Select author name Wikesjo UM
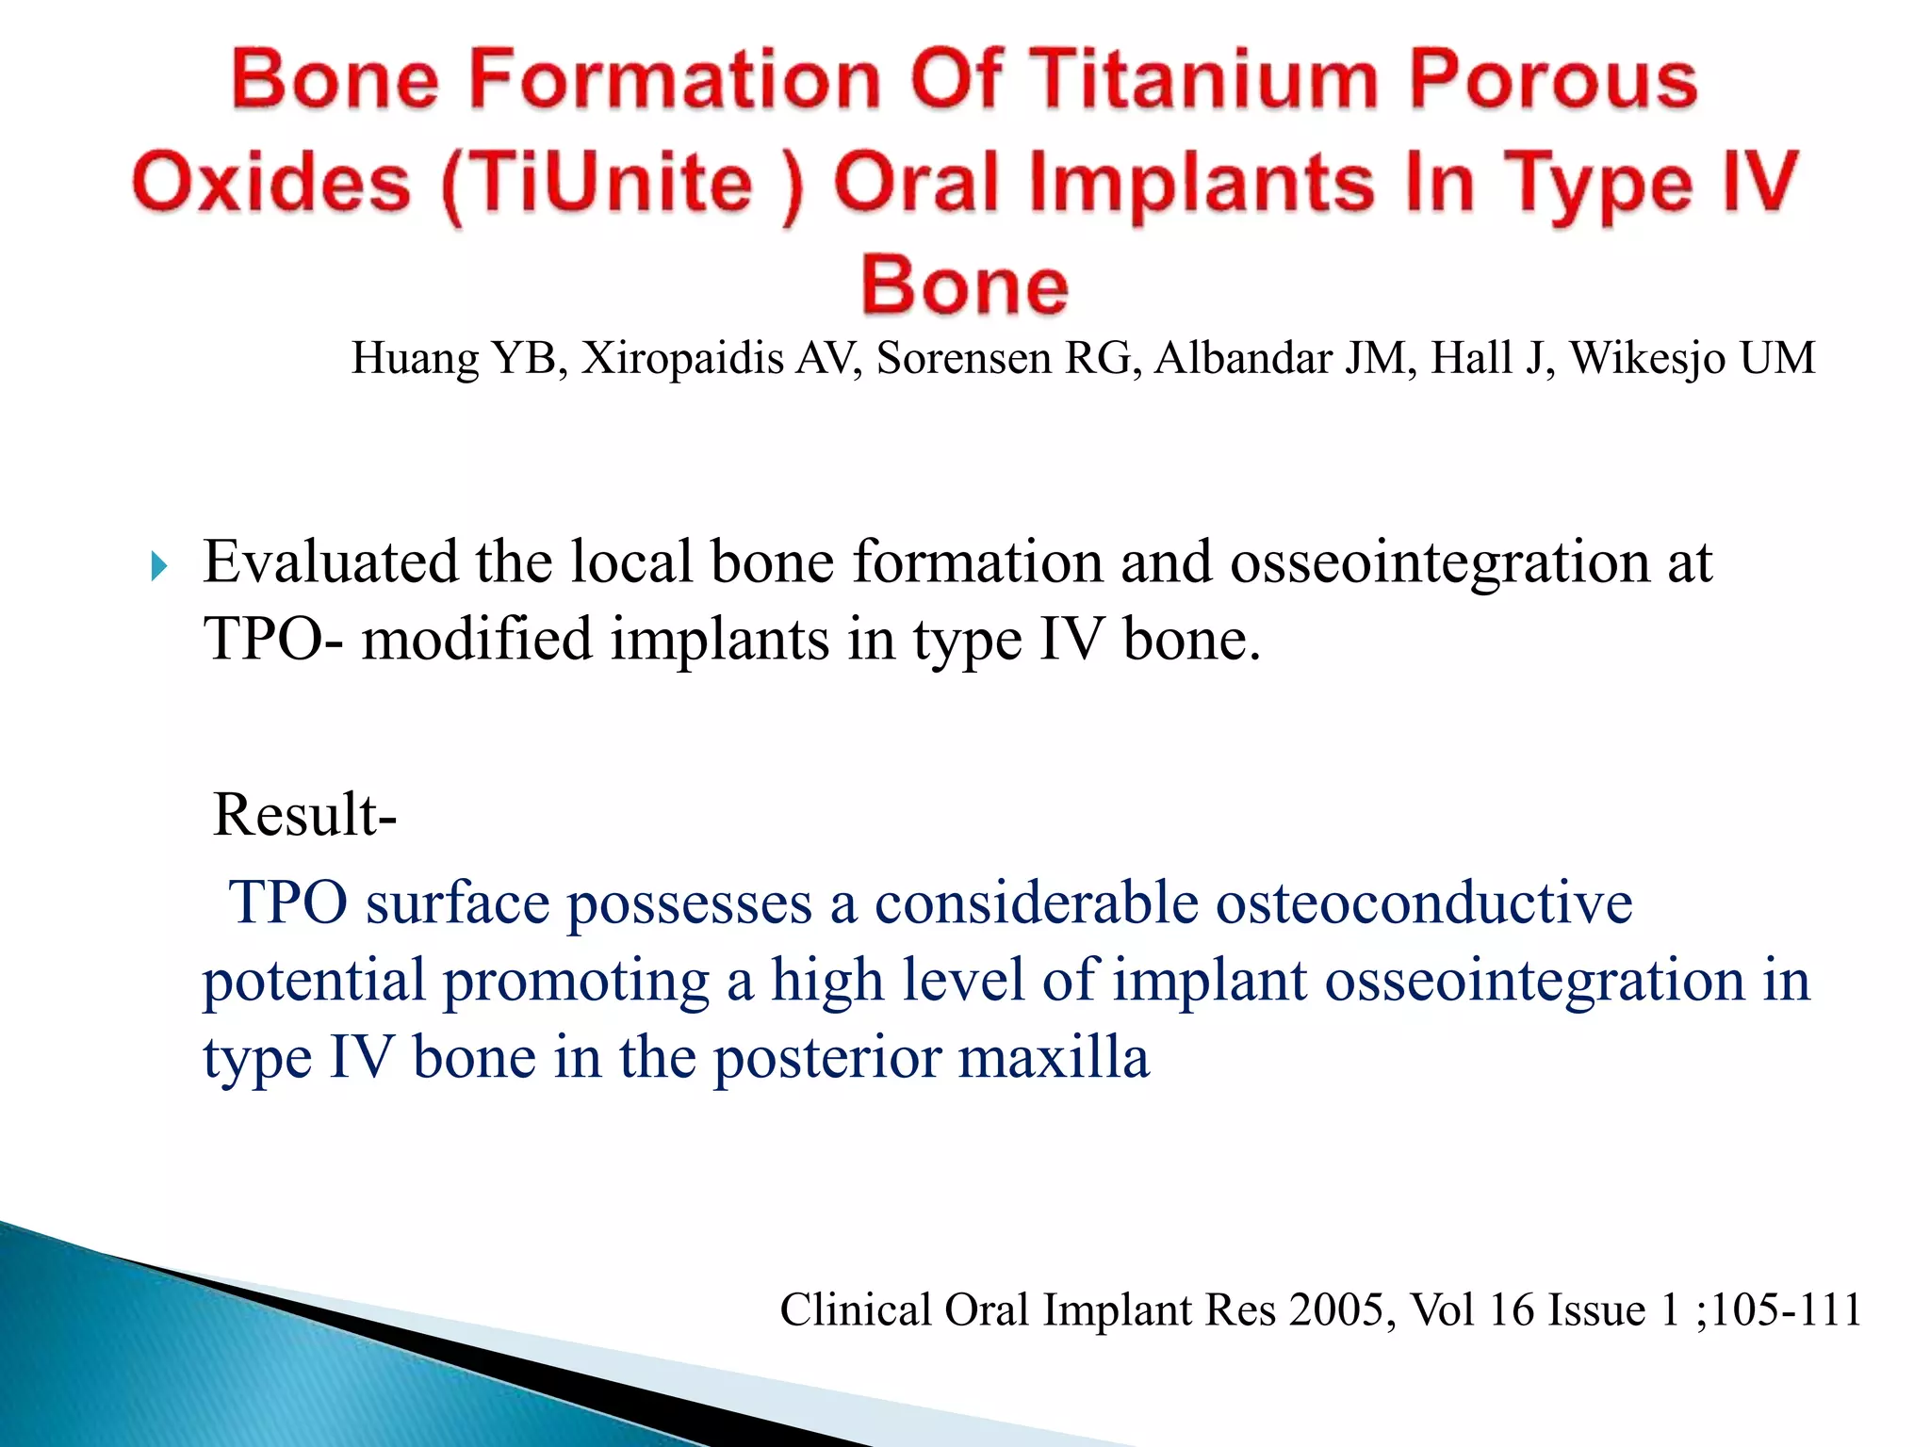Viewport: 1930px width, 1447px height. [1691, 359]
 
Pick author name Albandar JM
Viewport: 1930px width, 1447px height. [1285, 359]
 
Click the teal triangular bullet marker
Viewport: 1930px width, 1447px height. [159, 567]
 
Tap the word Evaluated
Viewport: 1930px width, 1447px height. [330, 562]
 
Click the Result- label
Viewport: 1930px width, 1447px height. [304, 815]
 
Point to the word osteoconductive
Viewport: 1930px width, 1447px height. [1423, 903]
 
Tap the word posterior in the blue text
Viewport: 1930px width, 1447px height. [826, 1058]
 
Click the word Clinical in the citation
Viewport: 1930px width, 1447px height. [855, 1310]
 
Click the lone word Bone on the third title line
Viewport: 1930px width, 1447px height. [965, 285]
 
